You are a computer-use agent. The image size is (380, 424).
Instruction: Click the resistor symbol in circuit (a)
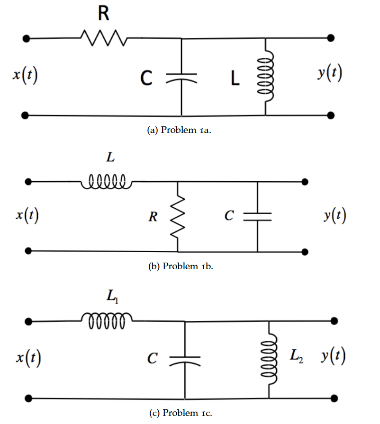click(103, 37)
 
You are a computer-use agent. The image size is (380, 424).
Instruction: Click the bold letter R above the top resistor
click(103, 14)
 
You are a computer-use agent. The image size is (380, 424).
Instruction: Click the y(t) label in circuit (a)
click(330, 75)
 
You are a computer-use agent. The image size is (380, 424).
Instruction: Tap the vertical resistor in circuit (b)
click(178, 216)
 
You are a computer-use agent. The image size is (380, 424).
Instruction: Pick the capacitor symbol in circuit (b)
click(258, 216)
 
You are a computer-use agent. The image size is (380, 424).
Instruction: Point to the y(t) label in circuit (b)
click(335, 216)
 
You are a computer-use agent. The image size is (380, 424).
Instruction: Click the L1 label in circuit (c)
click(110, 297)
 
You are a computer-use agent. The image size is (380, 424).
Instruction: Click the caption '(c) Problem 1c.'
click(181, 413)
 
